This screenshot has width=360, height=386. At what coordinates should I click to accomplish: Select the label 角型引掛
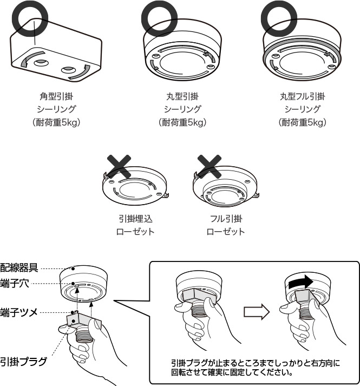click(60, 96)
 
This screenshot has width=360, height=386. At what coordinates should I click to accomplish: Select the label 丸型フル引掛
click(303, 96)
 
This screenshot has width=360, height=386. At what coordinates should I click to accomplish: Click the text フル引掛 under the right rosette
click(226, 219)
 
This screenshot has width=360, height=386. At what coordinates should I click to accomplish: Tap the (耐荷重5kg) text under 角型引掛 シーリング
click(60, 122)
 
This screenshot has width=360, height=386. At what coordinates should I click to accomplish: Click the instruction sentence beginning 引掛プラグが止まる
click(255, 368)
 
